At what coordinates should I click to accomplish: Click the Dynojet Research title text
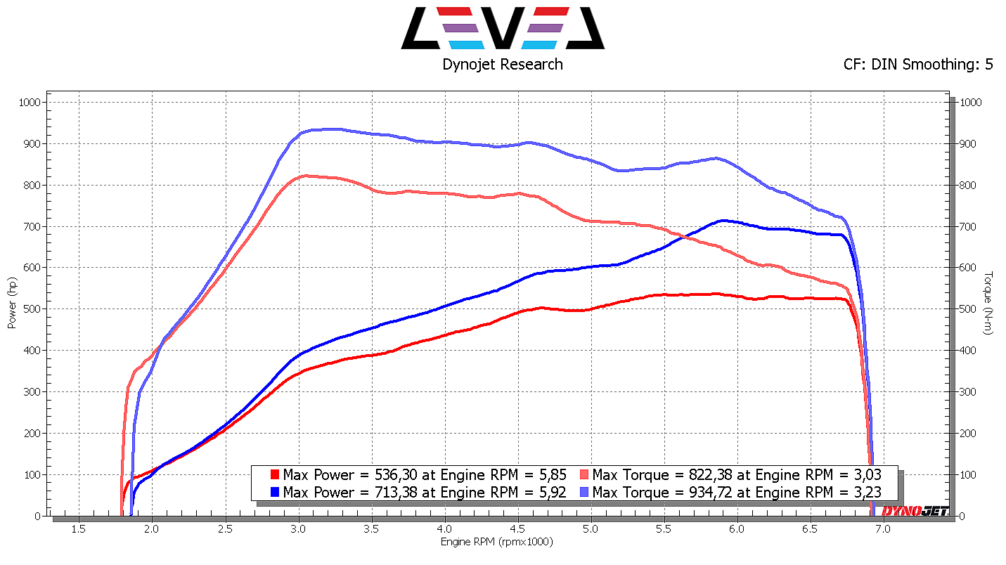pos(502,65)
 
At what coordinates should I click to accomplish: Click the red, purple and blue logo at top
pos(502,28)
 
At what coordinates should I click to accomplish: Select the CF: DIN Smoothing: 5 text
pos(918,65)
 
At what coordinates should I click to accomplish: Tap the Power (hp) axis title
pos(12,301)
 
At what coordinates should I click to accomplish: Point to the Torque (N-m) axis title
pos(988,303)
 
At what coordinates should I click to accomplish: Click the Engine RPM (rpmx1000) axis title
pos(496,542)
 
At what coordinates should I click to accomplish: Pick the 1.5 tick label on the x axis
pos(78,529)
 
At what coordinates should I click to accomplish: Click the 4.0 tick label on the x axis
pos(444,529)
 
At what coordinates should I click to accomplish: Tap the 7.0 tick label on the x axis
pos(882,529)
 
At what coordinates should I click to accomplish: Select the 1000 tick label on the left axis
pos(30,103)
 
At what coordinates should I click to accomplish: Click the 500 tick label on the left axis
pos(32,309)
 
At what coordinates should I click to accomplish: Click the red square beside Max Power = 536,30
pos(276,474)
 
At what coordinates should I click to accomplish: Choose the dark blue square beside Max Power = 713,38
pos(276,492)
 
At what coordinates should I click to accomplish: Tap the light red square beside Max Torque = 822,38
pos(585,474)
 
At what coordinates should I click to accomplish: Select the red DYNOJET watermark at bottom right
pos(915,511)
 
